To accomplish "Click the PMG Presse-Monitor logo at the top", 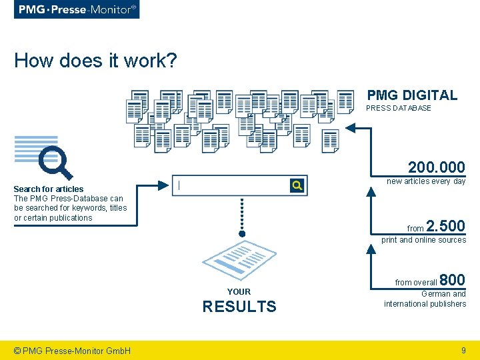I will click(77, 10).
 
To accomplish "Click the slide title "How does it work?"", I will click(95, 61).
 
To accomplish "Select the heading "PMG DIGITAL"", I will click(412, 95).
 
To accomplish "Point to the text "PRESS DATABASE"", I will click(399, 108).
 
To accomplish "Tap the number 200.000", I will click(437, 167).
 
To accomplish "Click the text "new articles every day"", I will click(426, 181).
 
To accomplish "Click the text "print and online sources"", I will click(423, 240).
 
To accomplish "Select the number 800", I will click(453, 280).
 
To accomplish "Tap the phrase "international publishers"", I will click(425, 304).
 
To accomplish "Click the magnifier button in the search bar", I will click(297, 185).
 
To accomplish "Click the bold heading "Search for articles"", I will click(49, 189).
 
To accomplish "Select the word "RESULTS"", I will click(239, 307).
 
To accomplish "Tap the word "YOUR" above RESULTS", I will click(239, 292).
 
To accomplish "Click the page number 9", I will click(463, 350).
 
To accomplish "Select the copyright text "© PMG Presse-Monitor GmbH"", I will click(72, 351).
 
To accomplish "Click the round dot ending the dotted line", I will click(243, 234).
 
